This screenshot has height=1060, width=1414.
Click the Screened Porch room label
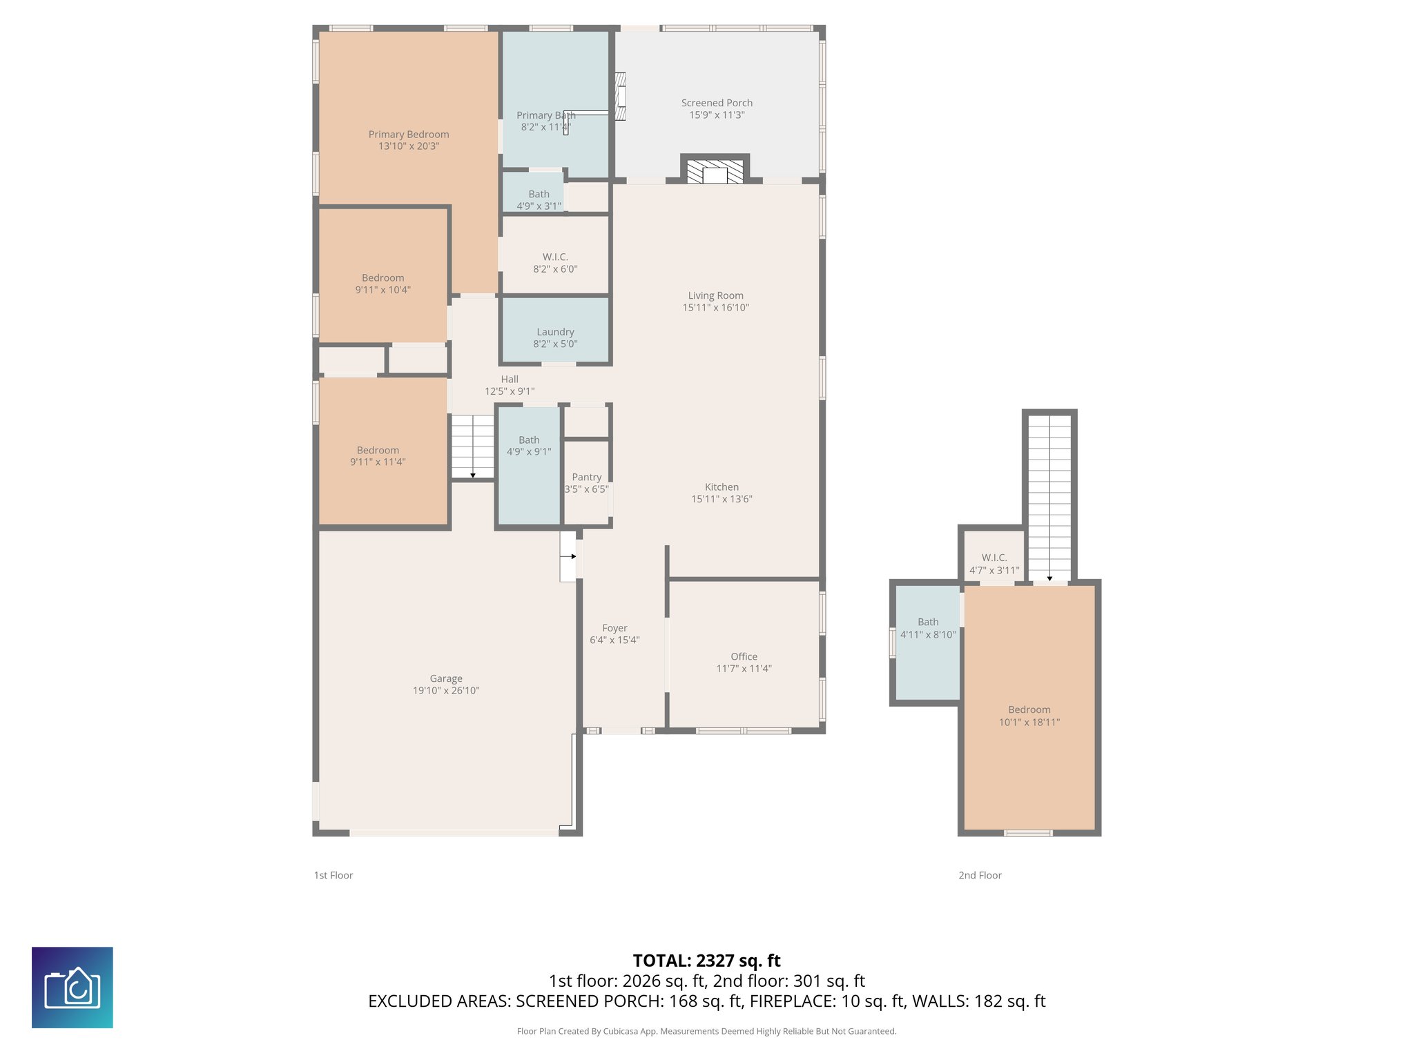[x=717, y=103]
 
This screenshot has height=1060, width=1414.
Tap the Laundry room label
[x=555, y=332]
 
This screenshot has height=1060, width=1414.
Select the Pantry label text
[x=586, y=477]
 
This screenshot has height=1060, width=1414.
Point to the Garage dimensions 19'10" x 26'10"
[x=446, y=691]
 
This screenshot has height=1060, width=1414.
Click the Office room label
[x=744, y=656]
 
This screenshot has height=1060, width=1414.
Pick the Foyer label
[x=614, y=628]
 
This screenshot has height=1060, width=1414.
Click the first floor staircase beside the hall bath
[x=473, y=446]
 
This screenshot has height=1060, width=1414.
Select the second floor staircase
[x=1049, y=497]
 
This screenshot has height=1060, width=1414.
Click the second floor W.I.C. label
[x=994, y=558]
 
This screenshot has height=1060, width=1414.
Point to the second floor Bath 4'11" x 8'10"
[x=928, y=628]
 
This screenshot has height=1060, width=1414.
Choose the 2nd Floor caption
[x=980, y=875]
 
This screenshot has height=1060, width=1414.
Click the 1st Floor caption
[x=333, y=875]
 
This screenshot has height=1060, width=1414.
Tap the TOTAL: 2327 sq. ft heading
[x=706, y=961]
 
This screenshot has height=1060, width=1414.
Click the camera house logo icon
[x=72, y=988]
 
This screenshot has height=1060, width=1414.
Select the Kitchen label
[x=721, y=487]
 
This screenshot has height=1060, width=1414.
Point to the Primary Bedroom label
[x=409, y=135]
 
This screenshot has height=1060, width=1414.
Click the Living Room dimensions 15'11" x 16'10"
[x=715, y=308]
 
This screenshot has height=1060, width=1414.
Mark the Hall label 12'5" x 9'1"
[x=510, y=385]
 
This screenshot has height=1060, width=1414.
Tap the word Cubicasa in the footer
[x=621, y=1032]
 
